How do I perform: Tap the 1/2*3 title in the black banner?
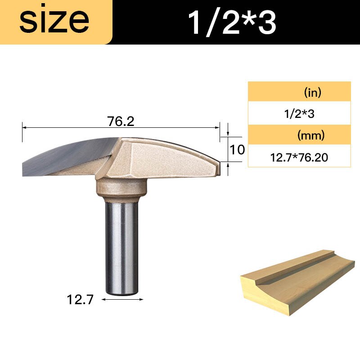(232, 22)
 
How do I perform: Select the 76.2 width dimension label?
(121, 121)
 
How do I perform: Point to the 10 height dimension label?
(237, 149)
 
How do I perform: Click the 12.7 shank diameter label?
(80, 299)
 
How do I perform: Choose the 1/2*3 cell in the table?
(299, 114)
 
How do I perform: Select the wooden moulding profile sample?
(297, 279)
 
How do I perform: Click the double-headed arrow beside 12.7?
(123, 299)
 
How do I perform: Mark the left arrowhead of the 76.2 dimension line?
(24, 128)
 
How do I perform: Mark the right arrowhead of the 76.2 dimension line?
(218, 128)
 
